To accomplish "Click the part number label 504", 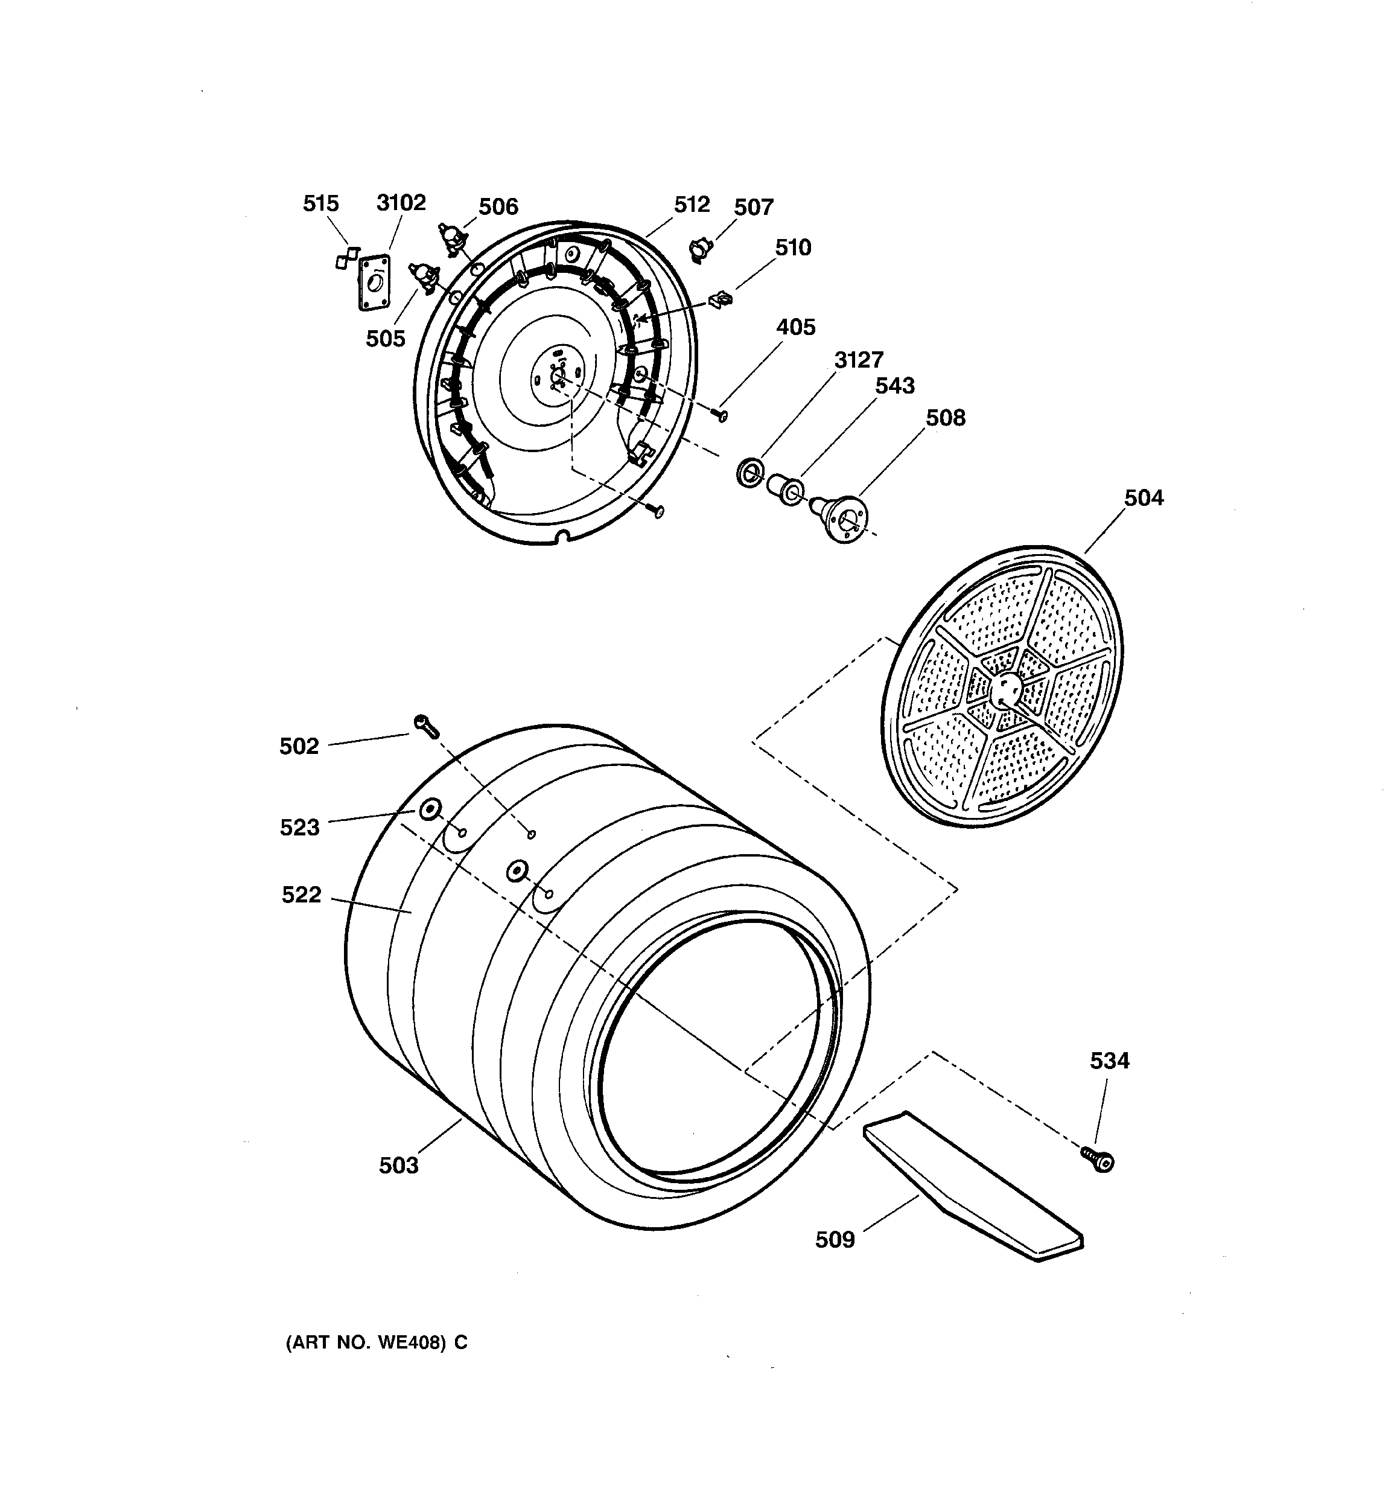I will pos(1143,497).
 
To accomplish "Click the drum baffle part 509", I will pos(973,1188).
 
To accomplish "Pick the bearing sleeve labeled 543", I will pos(784,488).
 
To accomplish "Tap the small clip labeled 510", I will pos(720,299).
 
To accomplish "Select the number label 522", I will pos(301,895).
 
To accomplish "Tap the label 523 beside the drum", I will pos(300,828).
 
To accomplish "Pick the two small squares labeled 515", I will pos(346,258).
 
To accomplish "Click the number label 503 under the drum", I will pos(398,1165).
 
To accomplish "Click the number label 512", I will pos(692,205).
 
